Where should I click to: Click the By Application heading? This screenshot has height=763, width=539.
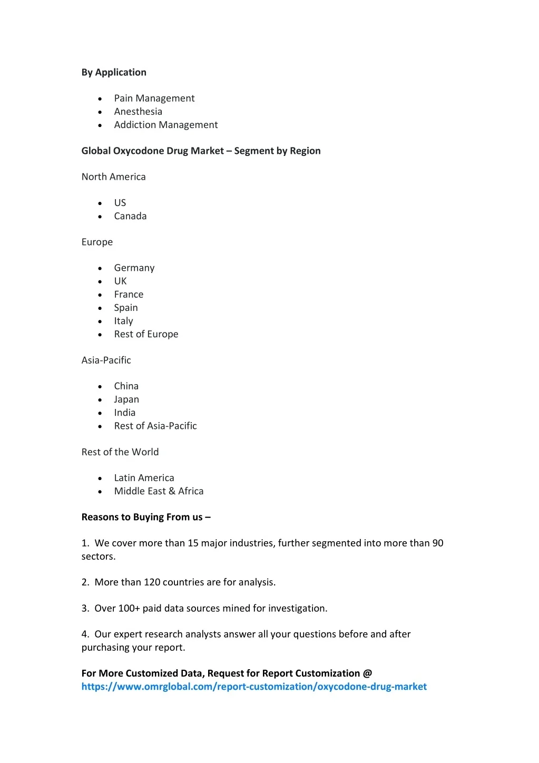pos(114,73)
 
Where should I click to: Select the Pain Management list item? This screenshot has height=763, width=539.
pos(154,99)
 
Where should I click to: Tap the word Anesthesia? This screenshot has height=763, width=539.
pos(138,112)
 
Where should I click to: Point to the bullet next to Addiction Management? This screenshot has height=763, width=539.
pos(100,125)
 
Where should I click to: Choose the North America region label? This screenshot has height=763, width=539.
pos(113,177)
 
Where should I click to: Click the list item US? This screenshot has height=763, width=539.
pos(120,203)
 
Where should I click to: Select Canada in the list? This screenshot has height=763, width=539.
pos(130,216)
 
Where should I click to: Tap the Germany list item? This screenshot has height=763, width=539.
pos(134,268)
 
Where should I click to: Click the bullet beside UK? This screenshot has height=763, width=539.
pos(100,282)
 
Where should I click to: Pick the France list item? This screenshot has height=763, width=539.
pos(129,295)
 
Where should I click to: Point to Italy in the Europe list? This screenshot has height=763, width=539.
pos(123,321)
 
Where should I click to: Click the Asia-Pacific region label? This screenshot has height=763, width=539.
pos(106,360)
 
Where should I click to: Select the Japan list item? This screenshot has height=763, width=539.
pos(126,399)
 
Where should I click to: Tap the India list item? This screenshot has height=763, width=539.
pos(125,413)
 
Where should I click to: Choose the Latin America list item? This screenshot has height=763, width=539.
pos(144,478)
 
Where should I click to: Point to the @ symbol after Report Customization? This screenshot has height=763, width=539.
pos(367,673)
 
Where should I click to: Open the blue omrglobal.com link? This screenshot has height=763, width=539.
pos(254,687)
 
